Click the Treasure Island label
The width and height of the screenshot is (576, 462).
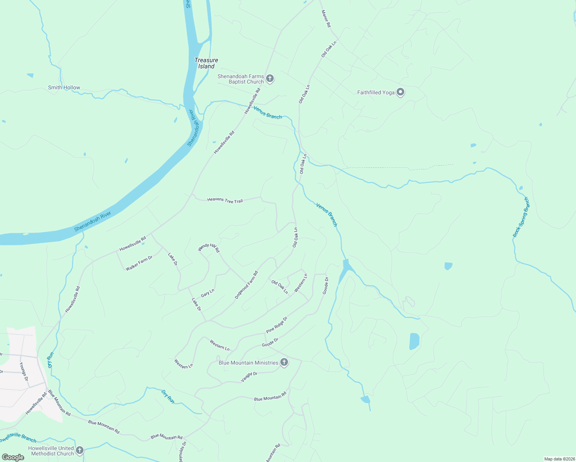(x=206, y=63)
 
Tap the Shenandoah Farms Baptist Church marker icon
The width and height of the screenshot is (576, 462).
(x=270, y=79)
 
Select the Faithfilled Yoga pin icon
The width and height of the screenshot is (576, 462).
(x=400, y=92)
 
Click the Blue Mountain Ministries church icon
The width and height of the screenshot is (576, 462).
(x=284, y=362)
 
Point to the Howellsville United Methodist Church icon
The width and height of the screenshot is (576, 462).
(x=80, y=450)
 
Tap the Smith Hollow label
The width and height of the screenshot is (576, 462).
(x=64, y=87)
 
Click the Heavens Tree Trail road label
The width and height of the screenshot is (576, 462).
(x=225, y=200)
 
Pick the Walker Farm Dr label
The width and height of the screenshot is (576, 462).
(x=139, y=263)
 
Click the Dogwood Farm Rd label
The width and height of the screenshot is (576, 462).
(x=246, y=285)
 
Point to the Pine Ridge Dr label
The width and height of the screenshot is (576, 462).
(x=277, y=325)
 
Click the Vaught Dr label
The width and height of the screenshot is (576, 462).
(x=249, y=377)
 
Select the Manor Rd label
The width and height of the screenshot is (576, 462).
(x=326, y=18)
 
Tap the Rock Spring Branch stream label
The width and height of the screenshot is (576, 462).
(x=521, y=217)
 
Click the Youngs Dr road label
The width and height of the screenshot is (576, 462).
(x=24, y=372)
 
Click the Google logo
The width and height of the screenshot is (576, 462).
(x=13, y=457)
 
